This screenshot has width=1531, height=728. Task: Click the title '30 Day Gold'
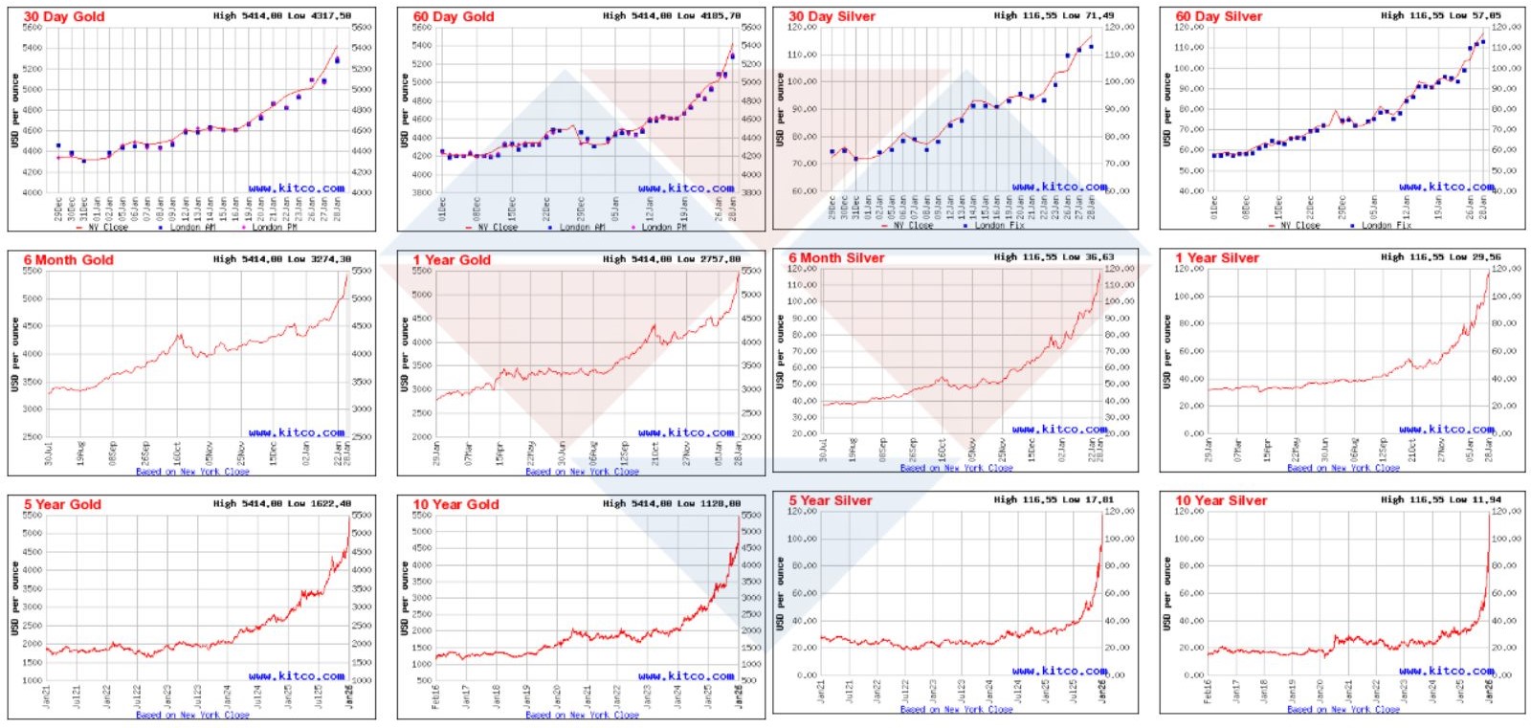[x=64, y=16]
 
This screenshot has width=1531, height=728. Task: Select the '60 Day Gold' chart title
[x=454, y=16]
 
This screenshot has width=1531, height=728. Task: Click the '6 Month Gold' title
[x=68, y=260]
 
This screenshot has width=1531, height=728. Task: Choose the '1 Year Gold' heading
[x=452, y=260]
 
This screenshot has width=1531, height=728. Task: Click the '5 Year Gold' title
[x=62, y=504]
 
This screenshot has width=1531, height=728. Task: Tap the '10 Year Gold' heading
[x=455, y=504]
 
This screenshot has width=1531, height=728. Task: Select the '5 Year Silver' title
[x=831, y=500]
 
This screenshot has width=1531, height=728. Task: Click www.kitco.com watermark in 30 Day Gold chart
[x=297, y=188]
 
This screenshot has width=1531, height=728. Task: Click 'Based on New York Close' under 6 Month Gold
[x=192, y=471]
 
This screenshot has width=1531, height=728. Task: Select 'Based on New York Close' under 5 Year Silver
[x=956, y=709]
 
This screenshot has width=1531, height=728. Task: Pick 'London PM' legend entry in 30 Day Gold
[x=275, y=227]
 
